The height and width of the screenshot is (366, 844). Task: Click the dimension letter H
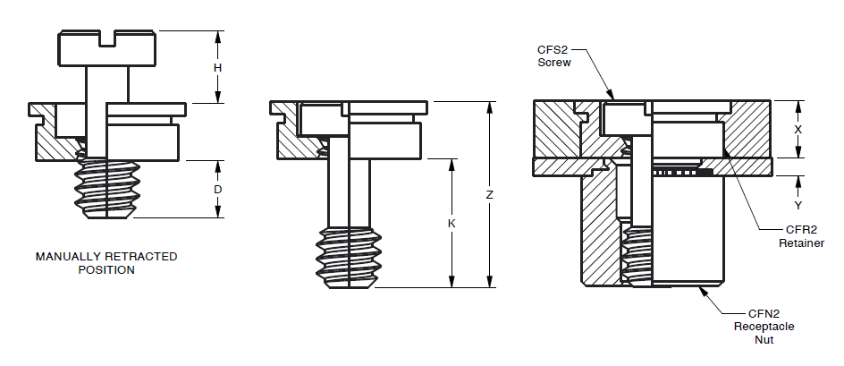[217, 68]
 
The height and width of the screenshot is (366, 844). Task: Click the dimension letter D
[217, 190]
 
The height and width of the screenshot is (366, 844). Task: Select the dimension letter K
[452, 223]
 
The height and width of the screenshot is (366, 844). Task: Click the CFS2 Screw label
[554, 56]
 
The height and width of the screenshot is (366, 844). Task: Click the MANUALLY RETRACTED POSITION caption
[106, 263]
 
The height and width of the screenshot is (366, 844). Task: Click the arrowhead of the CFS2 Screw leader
[612, 97]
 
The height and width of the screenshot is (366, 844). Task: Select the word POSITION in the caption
[106, 269]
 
